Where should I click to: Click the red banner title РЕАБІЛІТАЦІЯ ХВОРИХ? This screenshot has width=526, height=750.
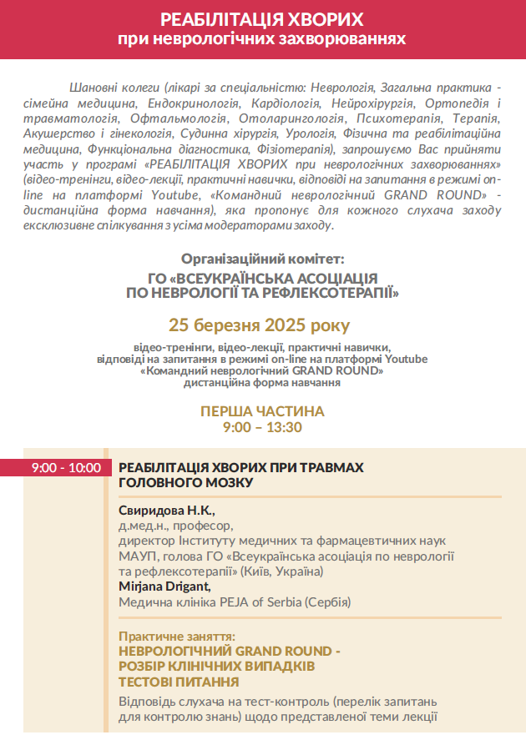pos(262,19)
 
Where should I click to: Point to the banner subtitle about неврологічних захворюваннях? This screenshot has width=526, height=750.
pos(262,39)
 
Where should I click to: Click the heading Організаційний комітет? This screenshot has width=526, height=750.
pos(262,259)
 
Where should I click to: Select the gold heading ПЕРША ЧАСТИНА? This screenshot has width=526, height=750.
pos(262,412)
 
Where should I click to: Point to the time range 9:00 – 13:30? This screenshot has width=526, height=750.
pos(262,427)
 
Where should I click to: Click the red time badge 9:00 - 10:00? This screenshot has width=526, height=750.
pos(66,468)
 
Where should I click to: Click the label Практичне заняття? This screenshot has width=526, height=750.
pos(177,635)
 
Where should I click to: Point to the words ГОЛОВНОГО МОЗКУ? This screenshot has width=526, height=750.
pos(185,482)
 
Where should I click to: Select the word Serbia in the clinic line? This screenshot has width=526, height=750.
pos(281,602)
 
